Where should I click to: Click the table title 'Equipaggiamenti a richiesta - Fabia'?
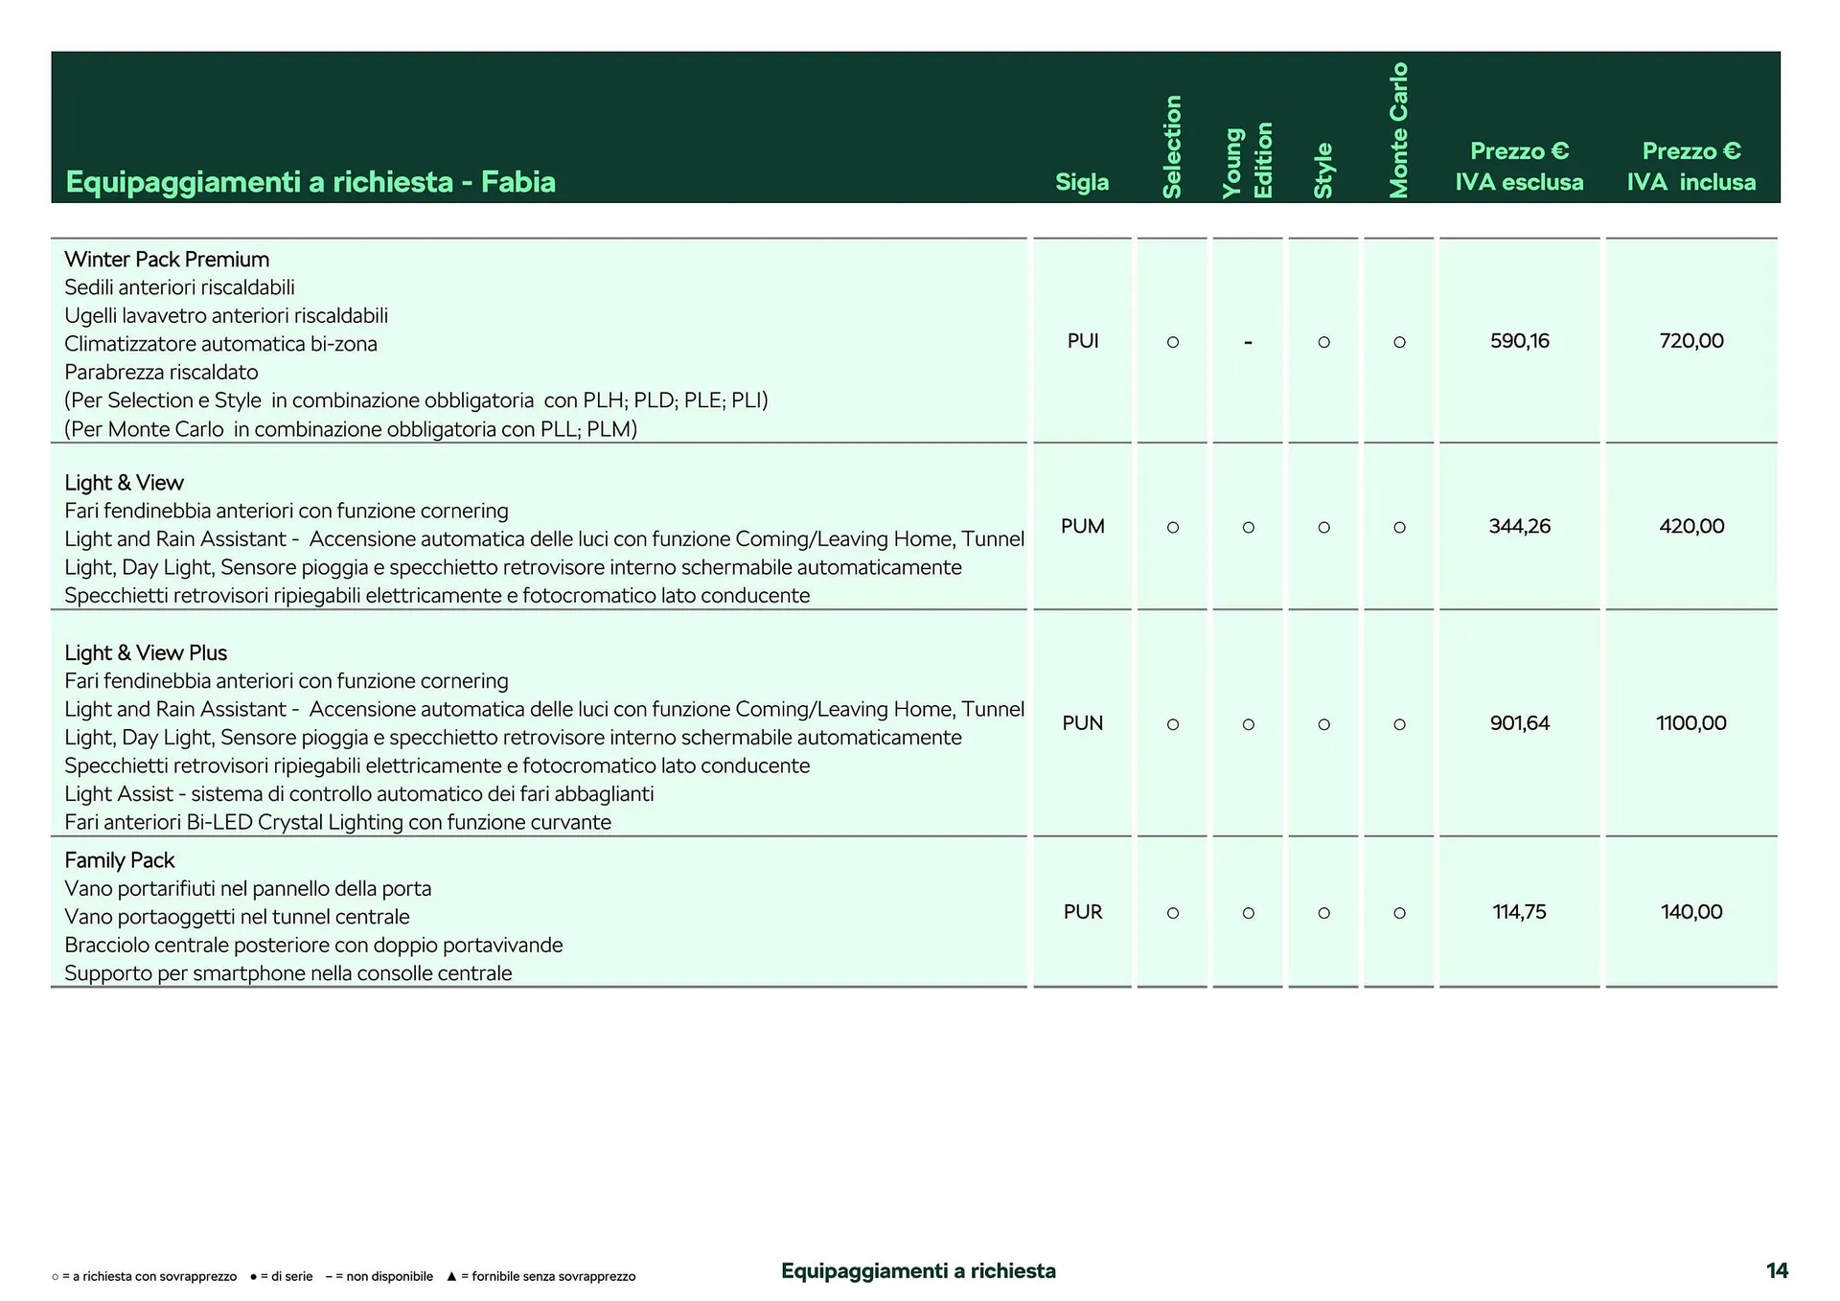tap(310, 182)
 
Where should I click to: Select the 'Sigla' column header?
tap(1082, 182)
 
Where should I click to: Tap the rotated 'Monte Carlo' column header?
tap(1399, 130)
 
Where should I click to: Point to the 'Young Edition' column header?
tap(1248, 161)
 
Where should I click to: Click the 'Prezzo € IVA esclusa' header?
tap(1519, 167)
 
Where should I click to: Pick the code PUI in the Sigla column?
tap(1082, 341)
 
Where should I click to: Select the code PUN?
tap(1082, 723)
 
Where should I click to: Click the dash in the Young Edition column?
tap(1248, 342)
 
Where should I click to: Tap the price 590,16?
tap(1519, 341)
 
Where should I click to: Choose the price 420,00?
tap(1691, 526)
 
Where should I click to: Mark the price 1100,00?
tap(1691, 723)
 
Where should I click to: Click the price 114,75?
tap(1519, 912)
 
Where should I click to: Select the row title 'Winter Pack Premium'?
tap(167, 260)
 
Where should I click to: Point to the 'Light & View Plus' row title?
tap(146, 653)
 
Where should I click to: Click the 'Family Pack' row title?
tap(120, 860)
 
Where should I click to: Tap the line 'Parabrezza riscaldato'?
tap(161, 372)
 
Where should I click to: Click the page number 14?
tap(1777, 1270)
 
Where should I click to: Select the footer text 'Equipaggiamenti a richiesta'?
tap(918, 1271)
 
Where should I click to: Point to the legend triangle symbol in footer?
tap(451, 1277)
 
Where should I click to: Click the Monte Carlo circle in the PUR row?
tap(1399, 913)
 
